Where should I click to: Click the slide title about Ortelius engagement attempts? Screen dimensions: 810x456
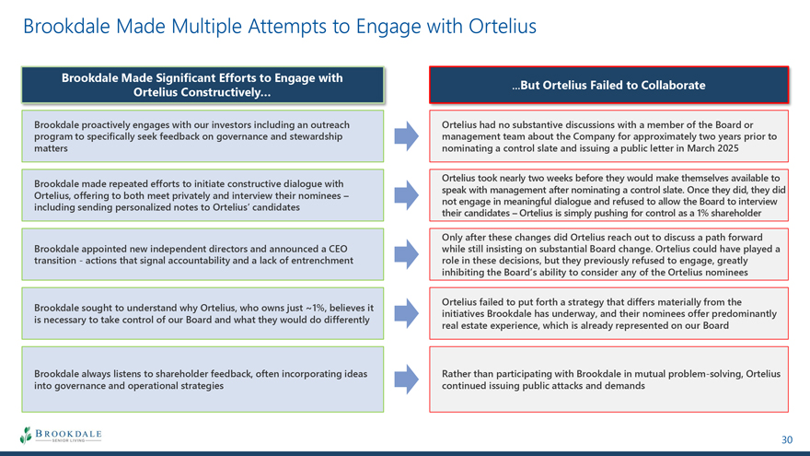(x=280, y=27)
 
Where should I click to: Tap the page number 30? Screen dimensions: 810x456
(x=786, y=439)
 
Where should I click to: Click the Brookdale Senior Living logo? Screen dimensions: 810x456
(x=61, y=436)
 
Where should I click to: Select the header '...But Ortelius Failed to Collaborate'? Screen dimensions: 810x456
(x=608, y=86)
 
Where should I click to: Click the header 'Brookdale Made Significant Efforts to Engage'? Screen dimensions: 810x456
(x=202, y=85)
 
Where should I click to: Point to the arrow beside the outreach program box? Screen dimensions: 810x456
(x=407, y=136)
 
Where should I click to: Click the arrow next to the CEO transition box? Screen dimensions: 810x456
(x=407, y=254)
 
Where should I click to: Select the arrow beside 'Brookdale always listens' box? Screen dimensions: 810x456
(x=407, y=380)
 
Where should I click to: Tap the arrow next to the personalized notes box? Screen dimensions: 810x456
(x=407, y=195)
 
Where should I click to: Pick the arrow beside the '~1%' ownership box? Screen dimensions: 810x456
(x=407, y=313)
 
